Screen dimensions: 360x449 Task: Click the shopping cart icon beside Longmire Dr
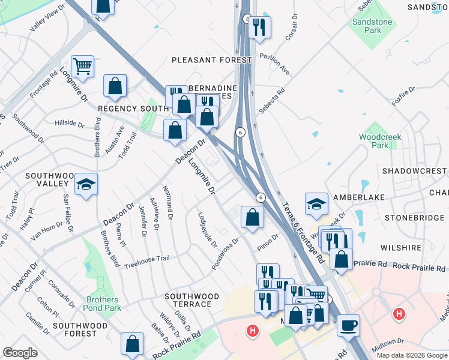pyautogui.click(x=82, y=65)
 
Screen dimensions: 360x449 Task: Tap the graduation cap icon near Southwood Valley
pyautogui.click(x=86, y=185)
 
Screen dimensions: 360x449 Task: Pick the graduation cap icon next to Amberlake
pyautogui.click(x=316, y=204)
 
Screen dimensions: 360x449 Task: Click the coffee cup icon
pyautogui.click(x=348, y=325)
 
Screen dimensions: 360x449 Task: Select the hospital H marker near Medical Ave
pyautogui.click(x=398, y=313)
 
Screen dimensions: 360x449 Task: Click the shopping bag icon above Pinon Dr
pyautogui.click(x=253, y=217)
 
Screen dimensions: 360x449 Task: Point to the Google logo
pyautogui.click(x=20, y=353)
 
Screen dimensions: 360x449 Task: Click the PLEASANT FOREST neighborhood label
pyautogui.click(x=211, y=60)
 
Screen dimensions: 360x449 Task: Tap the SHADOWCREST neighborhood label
pyautogui.click(x=415, y=170)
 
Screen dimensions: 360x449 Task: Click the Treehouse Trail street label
pyautogui.click(x=147, y=259)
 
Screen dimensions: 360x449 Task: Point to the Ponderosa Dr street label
pyautogui.click(x=226, y=253)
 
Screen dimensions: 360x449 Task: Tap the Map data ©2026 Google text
pyautogui.click(x=412, y=355)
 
